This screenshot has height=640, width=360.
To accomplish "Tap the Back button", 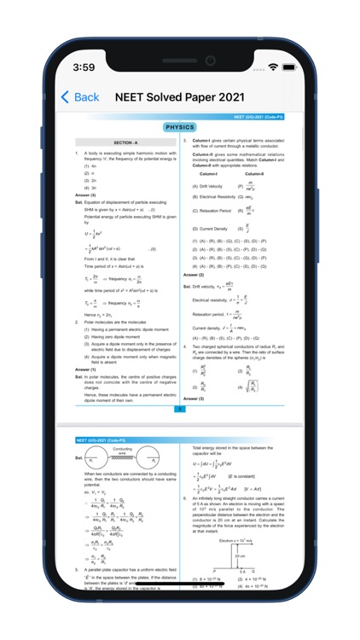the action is (x=79, y=97).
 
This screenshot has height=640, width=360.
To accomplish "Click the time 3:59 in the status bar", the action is (x=84, y=67).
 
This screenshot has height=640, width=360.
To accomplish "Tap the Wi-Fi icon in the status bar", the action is (x=273, y=67).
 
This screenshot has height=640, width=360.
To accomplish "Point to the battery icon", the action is (x=293, y=67).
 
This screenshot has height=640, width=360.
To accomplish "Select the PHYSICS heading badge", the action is (x=180, y=127).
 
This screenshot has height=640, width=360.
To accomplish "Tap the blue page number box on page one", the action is (x=180, y=409).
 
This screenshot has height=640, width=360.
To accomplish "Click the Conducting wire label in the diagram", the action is (x=122, y=449).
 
